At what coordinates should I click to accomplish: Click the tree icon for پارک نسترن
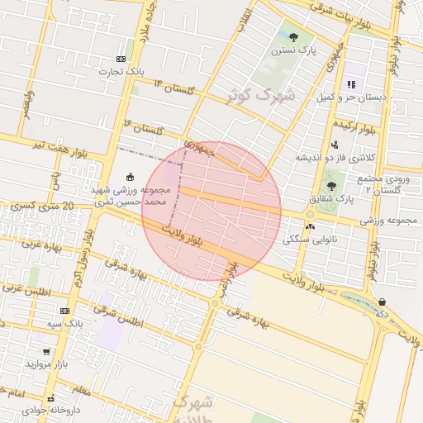[x=293, y=36]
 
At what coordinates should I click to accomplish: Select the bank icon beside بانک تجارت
[x=121, y=59]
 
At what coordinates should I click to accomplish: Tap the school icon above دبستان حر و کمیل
[x=351, y=83]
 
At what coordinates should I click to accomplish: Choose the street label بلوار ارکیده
[x=356, y=128]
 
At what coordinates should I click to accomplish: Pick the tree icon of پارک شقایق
[x=331, y=186]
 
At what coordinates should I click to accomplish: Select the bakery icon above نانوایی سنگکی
[x=310, y=226]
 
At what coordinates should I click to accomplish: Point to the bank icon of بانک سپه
[x=65, y=310]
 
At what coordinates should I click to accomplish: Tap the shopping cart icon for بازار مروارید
[x=46, y=351]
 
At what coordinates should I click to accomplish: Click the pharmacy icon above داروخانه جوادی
[x=51, y=397]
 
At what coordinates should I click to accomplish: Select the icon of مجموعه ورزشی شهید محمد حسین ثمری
[x=129, y=176]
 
